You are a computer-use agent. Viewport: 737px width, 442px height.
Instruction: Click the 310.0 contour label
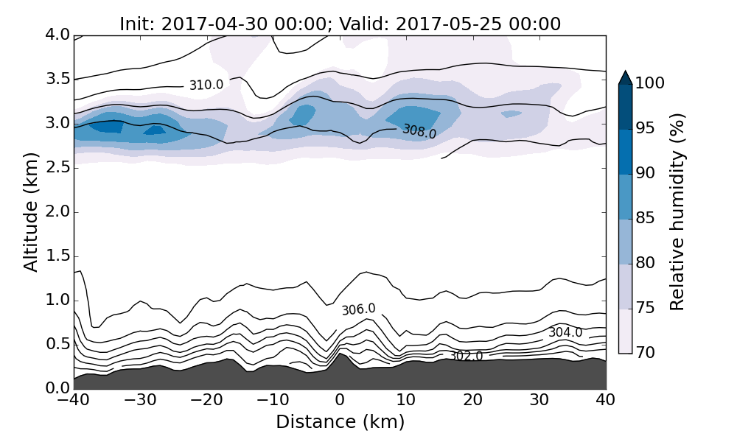206,85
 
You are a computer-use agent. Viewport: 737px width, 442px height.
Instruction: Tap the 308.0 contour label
419,132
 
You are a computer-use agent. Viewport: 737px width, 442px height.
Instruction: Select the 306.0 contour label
358,309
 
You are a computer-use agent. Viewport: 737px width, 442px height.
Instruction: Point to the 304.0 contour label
565,333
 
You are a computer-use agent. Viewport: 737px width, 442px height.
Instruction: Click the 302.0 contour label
466,357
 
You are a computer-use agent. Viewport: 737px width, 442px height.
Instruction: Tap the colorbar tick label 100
649,84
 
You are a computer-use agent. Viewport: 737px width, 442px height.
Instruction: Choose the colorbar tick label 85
645,219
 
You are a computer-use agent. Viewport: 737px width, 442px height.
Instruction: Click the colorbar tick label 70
645,353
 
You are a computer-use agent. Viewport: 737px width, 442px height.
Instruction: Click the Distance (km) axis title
340,422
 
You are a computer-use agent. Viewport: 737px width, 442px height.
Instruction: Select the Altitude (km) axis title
31,212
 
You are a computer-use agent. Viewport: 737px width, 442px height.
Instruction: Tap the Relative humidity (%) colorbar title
678,212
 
